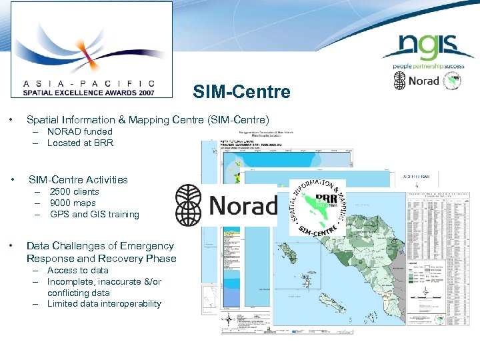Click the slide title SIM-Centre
[x=242, y=91]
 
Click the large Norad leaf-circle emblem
[x=190, y=205]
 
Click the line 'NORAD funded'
[x=79, y=131]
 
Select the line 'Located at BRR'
[x=80, y=143]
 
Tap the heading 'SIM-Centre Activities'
[x=78, y=179]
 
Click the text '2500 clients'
[x=74, y=191]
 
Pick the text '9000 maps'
[x=73, y=203]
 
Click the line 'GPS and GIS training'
[x=94, y=214]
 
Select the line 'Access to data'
[x=77, y=270]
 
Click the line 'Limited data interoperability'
[x=104, y=303]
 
